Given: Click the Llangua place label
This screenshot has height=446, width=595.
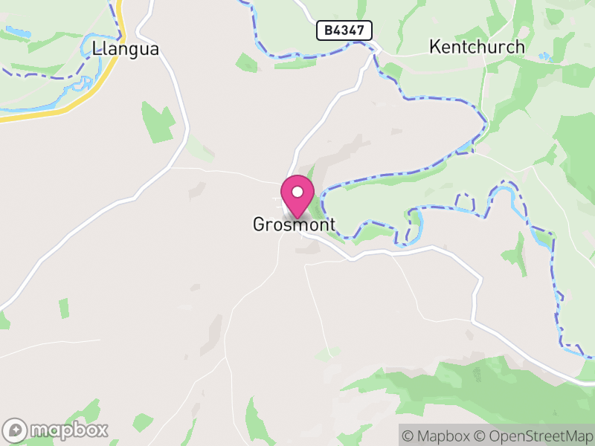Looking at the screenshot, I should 126,49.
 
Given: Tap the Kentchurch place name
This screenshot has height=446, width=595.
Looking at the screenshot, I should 477,47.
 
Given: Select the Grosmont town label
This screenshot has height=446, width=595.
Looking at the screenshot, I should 294,224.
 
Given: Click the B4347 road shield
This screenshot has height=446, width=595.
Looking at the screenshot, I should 344,30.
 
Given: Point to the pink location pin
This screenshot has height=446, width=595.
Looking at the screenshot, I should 297,195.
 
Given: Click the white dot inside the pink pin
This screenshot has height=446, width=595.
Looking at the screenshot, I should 297,192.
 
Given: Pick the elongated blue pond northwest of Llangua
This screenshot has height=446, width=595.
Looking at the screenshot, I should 19,33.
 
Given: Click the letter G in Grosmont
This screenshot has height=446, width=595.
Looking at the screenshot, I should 259,224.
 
